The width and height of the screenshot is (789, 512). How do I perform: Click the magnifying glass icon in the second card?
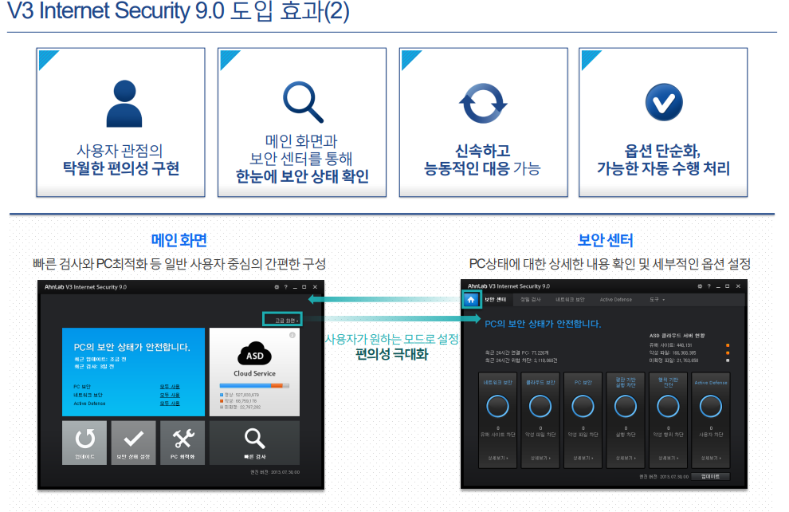[302, 101]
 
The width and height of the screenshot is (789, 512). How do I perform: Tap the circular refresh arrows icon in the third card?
[483, 104]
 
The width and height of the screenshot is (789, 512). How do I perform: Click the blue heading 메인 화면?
[179, 240]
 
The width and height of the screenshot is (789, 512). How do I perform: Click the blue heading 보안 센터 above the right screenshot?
[605, 240]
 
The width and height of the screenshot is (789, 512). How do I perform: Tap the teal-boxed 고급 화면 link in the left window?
[282, 319]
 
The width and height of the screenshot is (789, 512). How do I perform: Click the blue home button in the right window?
[471, 300]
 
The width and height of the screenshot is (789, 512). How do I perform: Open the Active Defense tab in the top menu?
[616, 300]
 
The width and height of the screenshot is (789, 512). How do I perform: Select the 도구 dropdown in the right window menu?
[657, 300]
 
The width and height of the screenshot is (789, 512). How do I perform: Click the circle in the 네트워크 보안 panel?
[498, 407]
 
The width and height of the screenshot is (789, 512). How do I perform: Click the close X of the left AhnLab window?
[315, 286]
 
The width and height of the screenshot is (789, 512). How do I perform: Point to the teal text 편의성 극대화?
[391, 354]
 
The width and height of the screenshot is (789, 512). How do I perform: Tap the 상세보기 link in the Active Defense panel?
[711, 459]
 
